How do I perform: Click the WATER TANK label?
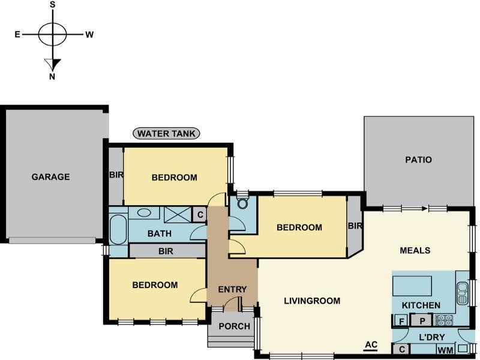167,133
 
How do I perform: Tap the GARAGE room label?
50,177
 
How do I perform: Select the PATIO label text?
418,160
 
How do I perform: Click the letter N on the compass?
52,76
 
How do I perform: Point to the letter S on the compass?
52,5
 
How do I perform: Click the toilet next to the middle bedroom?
242,203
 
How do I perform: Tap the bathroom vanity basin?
144,212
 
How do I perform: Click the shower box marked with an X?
176,214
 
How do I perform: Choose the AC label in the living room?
370,344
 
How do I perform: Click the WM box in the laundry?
445,349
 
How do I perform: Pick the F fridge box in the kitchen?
401,321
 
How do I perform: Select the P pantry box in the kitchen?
422,321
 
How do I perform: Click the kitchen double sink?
461,293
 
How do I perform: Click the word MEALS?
415,250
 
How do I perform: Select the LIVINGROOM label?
312,301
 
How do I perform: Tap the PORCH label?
230,326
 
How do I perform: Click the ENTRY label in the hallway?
232,289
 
